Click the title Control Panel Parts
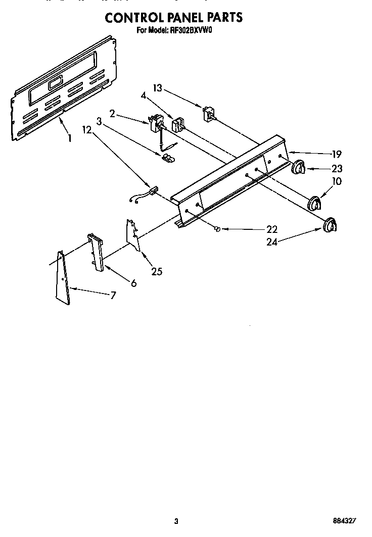tap(173, 17)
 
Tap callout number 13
tap(158, 88)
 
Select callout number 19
tap(337, 155)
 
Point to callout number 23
tap(337, 169)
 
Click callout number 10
tap(337, 181)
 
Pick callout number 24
tap(271, 242)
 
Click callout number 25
tap(157, 272)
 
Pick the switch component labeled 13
tap(207, 114)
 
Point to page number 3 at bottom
tap(175, 507)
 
